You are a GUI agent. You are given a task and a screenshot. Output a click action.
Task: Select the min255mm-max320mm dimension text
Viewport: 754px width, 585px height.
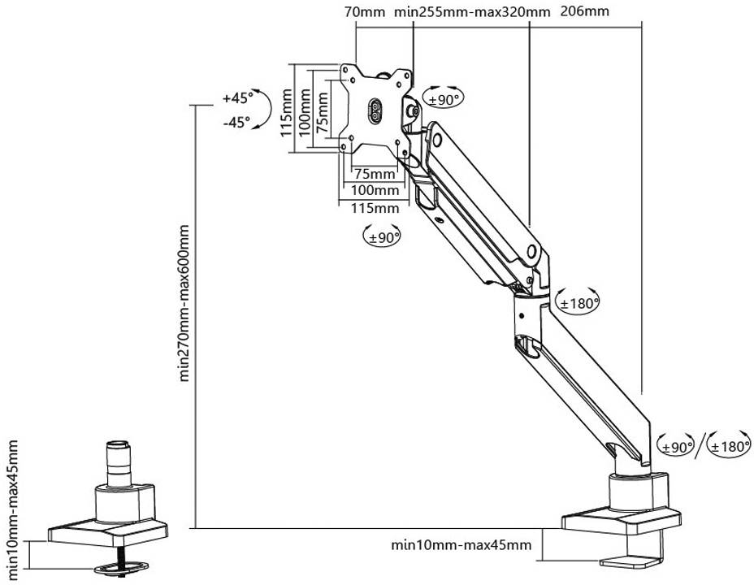point(471,12)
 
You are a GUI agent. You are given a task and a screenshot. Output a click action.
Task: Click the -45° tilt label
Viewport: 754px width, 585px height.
point(236,123)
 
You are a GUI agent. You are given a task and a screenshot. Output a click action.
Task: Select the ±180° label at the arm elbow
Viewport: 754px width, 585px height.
point(579,303)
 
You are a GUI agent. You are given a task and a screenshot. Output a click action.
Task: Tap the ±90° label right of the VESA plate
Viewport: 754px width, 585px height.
point(444,99)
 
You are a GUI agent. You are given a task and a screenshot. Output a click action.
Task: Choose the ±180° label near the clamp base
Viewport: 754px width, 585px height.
point(728,446)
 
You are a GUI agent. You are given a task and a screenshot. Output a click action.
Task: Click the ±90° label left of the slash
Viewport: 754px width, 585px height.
point(676,446)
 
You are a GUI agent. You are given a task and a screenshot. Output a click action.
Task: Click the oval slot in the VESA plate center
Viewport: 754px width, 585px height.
point(375,111)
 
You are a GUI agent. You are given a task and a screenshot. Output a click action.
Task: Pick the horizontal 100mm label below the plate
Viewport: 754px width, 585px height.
point(375,190)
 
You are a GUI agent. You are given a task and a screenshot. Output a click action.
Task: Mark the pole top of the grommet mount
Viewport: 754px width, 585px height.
point(118,446)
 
